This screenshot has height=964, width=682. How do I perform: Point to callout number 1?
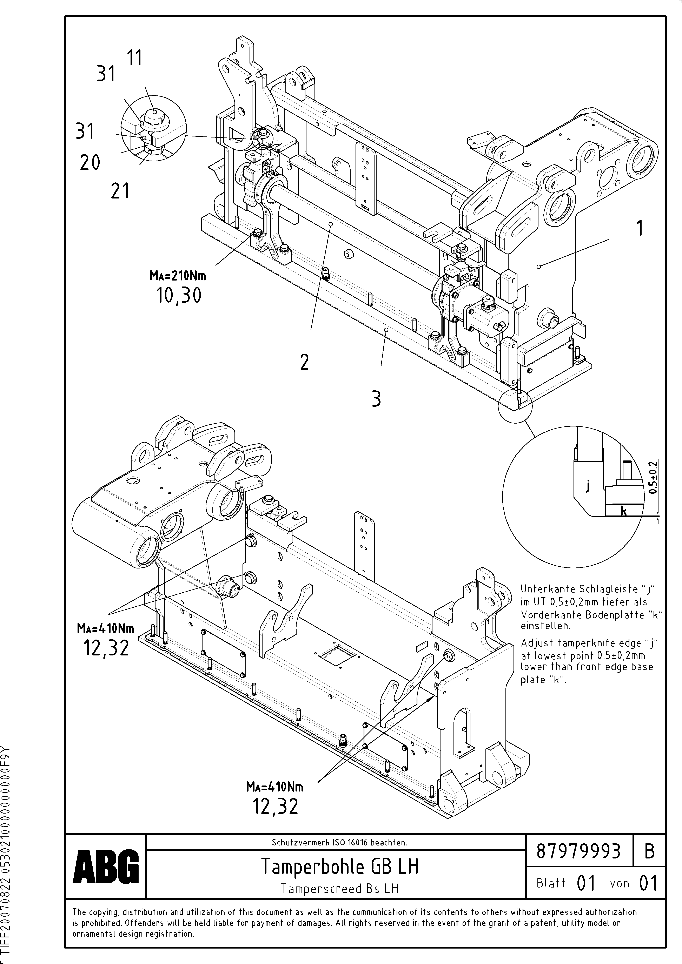[639, 229]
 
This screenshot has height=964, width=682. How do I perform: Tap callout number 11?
[134, 58]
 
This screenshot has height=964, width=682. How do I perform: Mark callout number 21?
[120, 191]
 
